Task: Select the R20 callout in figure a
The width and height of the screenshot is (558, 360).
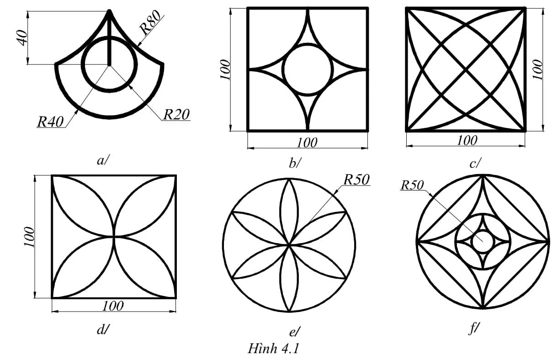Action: click(x=176, y=114)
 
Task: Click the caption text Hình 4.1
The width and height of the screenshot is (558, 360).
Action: click(x=273, y=349)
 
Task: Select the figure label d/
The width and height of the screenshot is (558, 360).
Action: click(x=101, y=329)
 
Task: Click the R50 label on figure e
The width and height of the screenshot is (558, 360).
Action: click(x=356, y=180)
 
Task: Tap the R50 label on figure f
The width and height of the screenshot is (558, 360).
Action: click(x=412, y=185)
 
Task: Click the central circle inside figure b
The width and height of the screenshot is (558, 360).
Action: click(x=307, y=69)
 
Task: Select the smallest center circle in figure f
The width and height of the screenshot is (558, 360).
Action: click(x=483, y=241)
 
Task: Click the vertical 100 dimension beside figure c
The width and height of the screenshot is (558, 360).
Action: click(x=538, y=69)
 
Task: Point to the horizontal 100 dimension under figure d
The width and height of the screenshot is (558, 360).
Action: click(x=113, y=306)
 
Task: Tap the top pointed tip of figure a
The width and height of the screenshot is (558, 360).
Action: click(x=110, y=11)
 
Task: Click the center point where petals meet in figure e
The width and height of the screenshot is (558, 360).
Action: click(x=289, y=245)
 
